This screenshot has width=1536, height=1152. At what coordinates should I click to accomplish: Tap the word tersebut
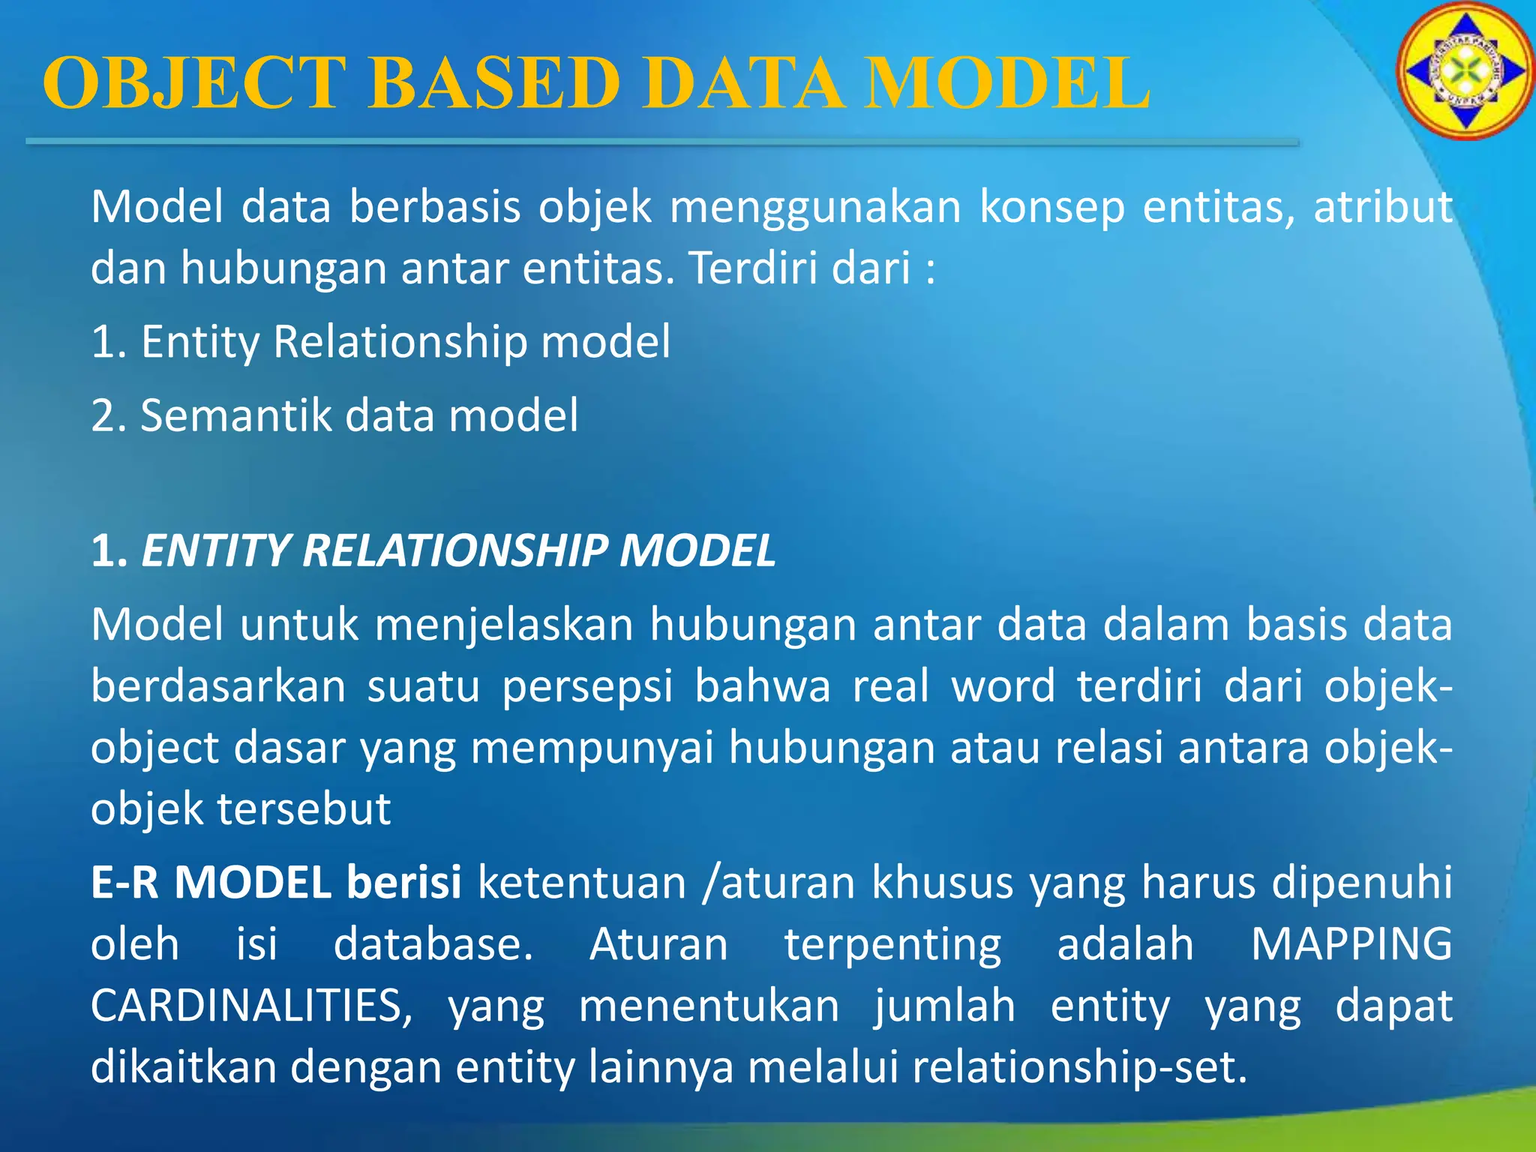click(x=304, y=809)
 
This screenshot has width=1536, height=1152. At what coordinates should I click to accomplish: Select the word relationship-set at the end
click(x=1072, y=1067)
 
